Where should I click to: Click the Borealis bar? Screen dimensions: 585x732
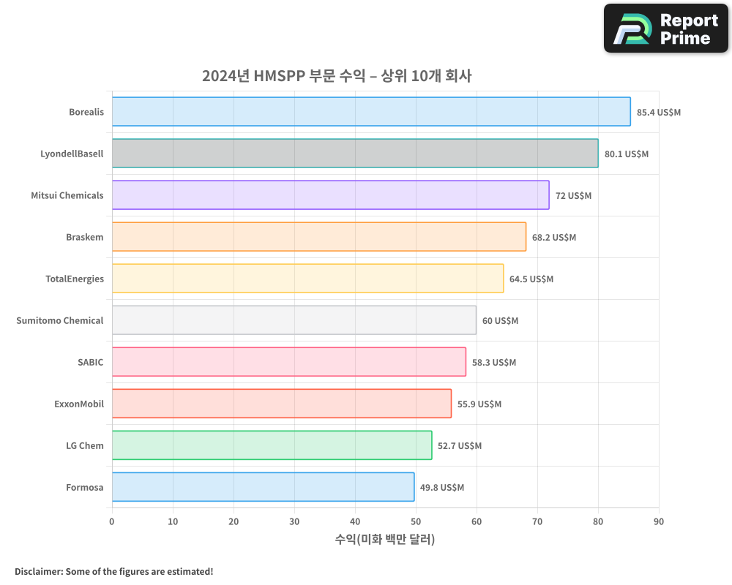371,112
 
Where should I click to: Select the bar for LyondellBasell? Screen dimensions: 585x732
355,154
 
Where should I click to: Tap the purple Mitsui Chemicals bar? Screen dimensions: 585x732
330,195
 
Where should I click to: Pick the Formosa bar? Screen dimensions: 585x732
263,487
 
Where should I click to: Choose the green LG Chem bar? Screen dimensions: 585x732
272,445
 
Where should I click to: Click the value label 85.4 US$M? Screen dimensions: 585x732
659,113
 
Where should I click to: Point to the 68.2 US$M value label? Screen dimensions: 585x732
554,238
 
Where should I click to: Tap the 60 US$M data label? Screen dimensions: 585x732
500,321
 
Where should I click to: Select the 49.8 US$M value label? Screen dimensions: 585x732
442,488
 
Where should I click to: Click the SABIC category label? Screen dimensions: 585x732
91,362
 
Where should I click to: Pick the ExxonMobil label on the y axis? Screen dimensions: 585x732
79,404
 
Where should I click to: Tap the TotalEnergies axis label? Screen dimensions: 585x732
75,279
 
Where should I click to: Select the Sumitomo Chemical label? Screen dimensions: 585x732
60,320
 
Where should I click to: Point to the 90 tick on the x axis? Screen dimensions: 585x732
659,521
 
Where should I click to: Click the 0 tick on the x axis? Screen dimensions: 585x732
112,521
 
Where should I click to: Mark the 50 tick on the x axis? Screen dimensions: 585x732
416,521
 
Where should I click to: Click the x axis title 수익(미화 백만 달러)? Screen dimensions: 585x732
385,540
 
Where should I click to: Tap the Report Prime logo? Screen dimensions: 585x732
666,29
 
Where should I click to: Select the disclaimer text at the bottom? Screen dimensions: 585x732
114,571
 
